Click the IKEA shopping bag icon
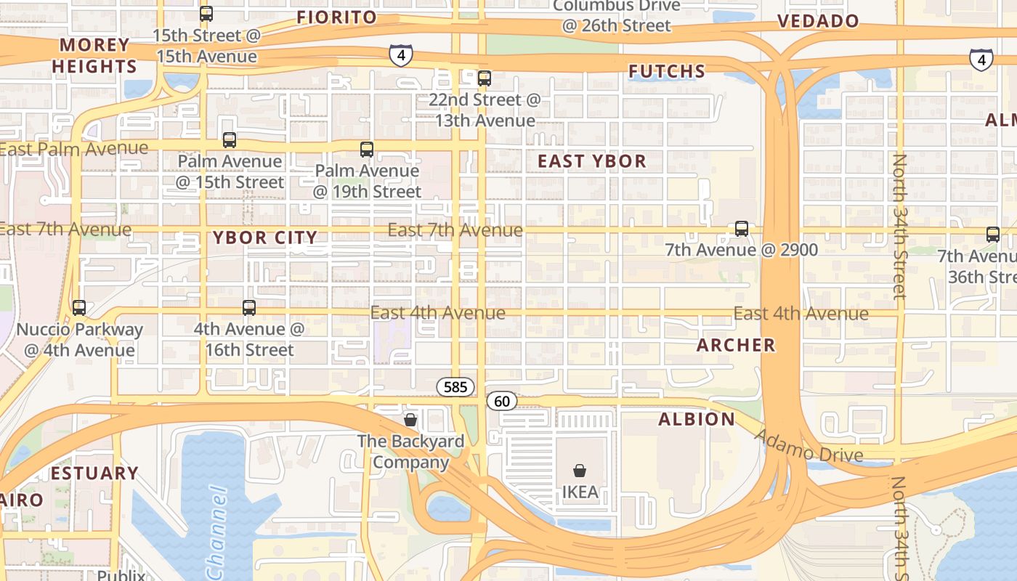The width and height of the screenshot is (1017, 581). [x=579, y=471]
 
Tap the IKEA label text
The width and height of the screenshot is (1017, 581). [x=580, y=492]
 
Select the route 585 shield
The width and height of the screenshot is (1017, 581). [x=455, y=387]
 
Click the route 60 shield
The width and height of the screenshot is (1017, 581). [x=502, y=401]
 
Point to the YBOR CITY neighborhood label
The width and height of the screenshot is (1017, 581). [x=265, y=237]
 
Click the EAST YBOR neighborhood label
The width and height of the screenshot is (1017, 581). [x=592, y=161]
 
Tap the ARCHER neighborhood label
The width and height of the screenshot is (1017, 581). [x=736, y=345]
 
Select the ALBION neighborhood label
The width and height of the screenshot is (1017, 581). [x=697, y=419]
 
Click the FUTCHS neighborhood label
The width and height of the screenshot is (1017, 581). [x=667, y=71]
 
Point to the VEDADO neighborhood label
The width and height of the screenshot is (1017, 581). [x=819, y=21]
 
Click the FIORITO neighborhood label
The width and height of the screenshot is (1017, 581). [x=337, y=17]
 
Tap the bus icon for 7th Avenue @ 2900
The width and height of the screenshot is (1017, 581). [x=742, y=229]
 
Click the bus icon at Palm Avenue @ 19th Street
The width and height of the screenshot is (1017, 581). [x=367, y=150]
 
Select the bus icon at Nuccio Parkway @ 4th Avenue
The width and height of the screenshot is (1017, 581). [x=79, y=308]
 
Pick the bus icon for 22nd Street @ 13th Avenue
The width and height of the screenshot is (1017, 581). [x=485, y=78]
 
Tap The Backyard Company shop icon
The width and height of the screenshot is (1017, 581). [x=410, y=420]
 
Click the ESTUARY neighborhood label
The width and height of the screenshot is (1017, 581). [x=94, y=474]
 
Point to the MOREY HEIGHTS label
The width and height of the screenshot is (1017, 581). [x=94, y=56]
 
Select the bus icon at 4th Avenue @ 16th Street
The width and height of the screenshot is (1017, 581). [x=249, y=308]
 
